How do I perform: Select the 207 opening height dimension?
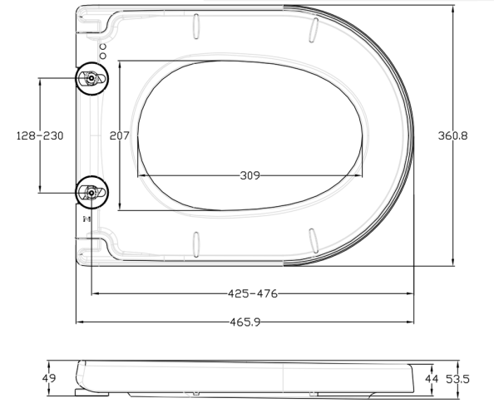click(x=120, y=135)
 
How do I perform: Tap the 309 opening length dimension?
click(x=249, y=175)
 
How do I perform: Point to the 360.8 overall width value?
click(x=453, y=135)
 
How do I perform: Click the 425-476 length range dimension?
click(x=252, y=293)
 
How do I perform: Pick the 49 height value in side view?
click(x=49, y=379)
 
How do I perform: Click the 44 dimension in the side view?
click(x=432, y=379)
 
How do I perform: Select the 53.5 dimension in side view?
click(x=457, y=379)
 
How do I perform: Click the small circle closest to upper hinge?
click(x=102, y=54)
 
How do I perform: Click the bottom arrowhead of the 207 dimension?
click(x=120, y=207)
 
